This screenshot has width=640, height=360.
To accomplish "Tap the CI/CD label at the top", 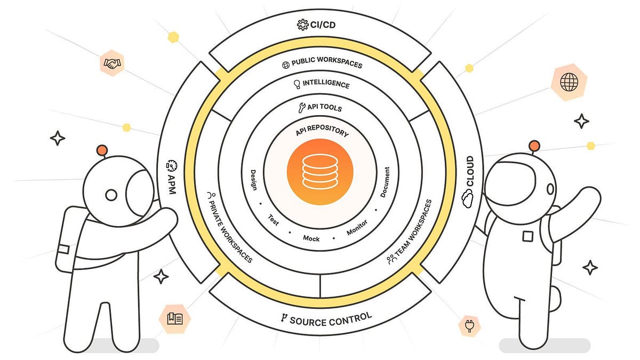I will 318,25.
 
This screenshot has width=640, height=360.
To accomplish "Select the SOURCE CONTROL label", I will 326,319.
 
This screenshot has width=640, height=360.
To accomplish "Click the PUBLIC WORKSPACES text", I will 323,62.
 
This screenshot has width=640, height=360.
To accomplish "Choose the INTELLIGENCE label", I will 322,84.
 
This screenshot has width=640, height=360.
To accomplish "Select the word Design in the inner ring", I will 254,180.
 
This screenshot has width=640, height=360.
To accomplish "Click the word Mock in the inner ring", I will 311,238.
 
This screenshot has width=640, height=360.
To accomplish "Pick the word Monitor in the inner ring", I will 357,230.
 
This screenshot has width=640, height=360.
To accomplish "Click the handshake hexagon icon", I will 112,63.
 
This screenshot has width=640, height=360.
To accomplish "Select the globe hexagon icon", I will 569,82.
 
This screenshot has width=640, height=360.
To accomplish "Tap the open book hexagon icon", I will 174,319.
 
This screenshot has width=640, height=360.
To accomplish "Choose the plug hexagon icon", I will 469,326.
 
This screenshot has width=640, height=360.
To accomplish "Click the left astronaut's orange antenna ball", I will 103,150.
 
